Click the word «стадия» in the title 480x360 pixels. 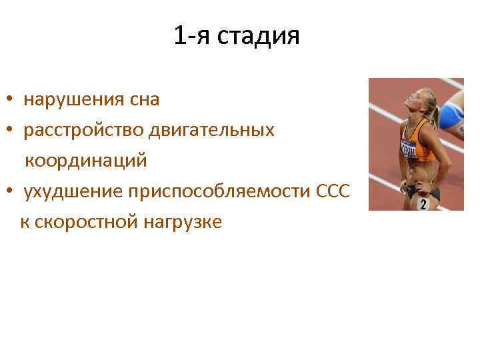(265, 36)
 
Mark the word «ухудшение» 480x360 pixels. (73, 191)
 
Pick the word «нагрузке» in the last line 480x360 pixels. (182, 222)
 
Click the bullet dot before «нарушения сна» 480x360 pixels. (11, 101)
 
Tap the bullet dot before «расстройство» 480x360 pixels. (11, 131)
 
